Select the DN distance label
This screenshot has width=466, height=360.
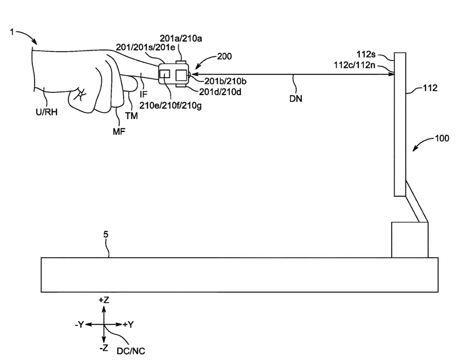point(296,99)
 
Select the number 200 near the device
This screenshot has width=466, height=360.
point(224,56)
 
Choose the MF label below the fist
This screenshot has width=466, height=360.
point(118,132)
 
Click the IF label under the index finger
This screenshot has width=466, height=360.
point(143,94)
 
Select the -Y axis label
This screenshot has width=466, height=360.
point(79,325)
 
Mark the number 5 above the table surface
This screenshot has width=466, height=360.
point(106,234)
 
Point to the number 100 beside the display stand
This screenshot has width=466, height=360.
point(442,138)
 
